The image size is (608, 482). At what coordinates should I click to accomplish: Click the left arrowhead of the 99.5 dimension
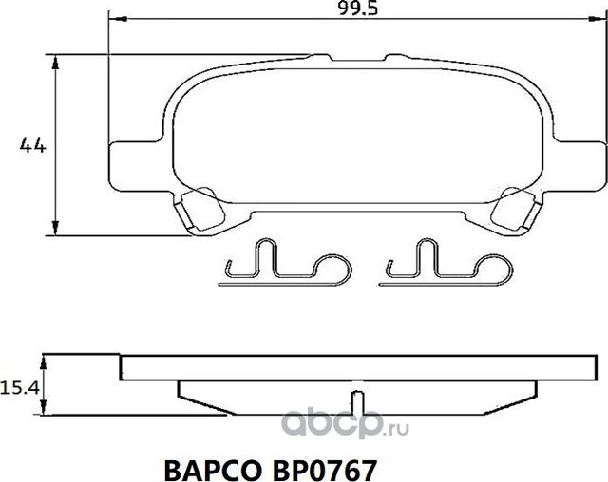click(115, 19)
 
